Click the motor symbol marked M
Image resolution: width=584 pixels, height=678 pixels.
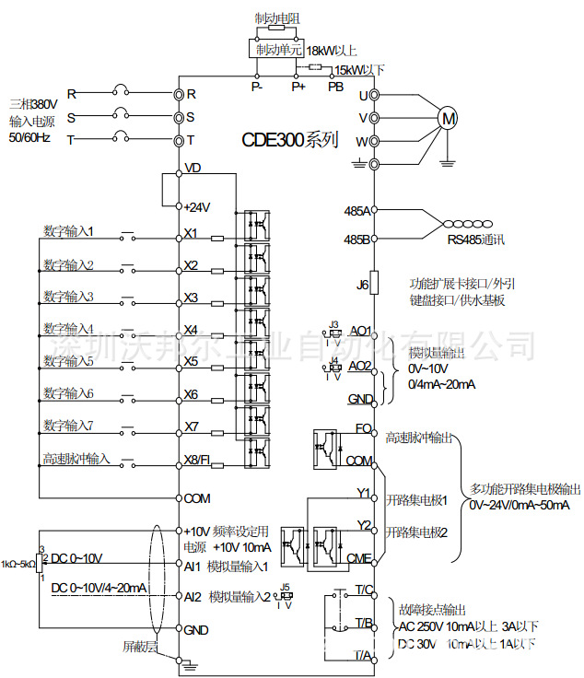447,118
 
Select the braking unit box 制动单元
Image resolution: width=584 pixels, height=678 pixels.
277,49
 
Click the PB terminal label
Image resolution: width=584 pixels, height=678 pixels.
336,87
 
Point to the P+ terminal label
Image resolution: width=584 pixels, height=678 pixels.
298,87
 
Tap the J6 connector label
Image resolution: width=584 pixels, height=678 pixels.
362,285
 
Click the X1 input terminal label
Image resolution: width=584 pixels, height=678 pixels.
191,233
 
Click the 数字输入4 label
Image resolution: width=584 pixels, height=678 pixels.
68,328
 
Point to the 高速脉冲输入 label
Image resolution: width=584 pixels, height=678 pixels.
76,458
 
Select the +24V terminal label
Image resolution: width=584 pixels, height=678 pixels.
198,207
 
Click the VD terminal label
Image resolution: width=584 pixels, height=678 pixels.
193,169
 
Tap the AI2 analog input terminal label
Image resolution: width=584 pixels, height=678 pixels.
192,596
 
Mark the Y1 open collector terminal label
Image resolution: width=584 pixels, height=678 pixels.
363,492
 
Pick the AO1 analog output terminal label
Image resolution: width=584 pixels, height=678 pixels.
359,331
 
